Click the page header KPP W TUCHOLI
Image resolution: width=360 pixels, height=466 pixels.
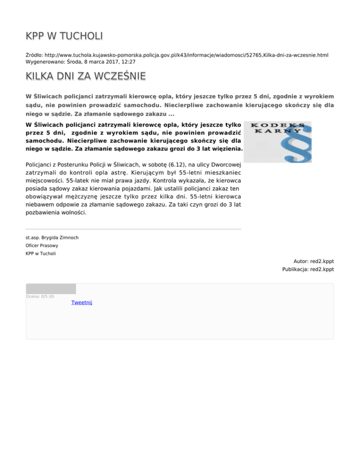coord(64,36)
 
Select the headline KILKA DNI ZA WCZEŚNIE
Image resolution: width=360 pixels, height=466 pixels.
coord(85,76)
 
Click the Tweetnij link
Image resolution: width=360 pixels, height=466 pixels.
coord(82,302)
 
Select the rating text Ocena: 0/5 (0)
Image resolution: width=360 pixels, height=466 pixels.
coord(40,296)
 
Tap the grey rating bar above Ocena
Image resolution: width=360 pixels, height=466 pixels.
coord(51,289)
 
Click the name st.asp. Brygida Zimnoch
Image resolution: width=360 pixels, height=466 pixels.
coord(52,237)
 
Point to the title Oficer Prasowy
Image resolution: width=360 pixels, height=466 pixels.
coord(42,245)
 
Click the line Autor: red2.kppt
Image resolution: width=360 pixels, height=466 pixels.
coord(314,261)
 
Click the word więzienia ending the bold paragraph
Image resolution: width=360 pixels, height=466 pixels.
coord(227,149)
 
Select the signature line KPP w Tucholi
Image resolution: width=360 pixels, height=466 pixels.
coord(40,253)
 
